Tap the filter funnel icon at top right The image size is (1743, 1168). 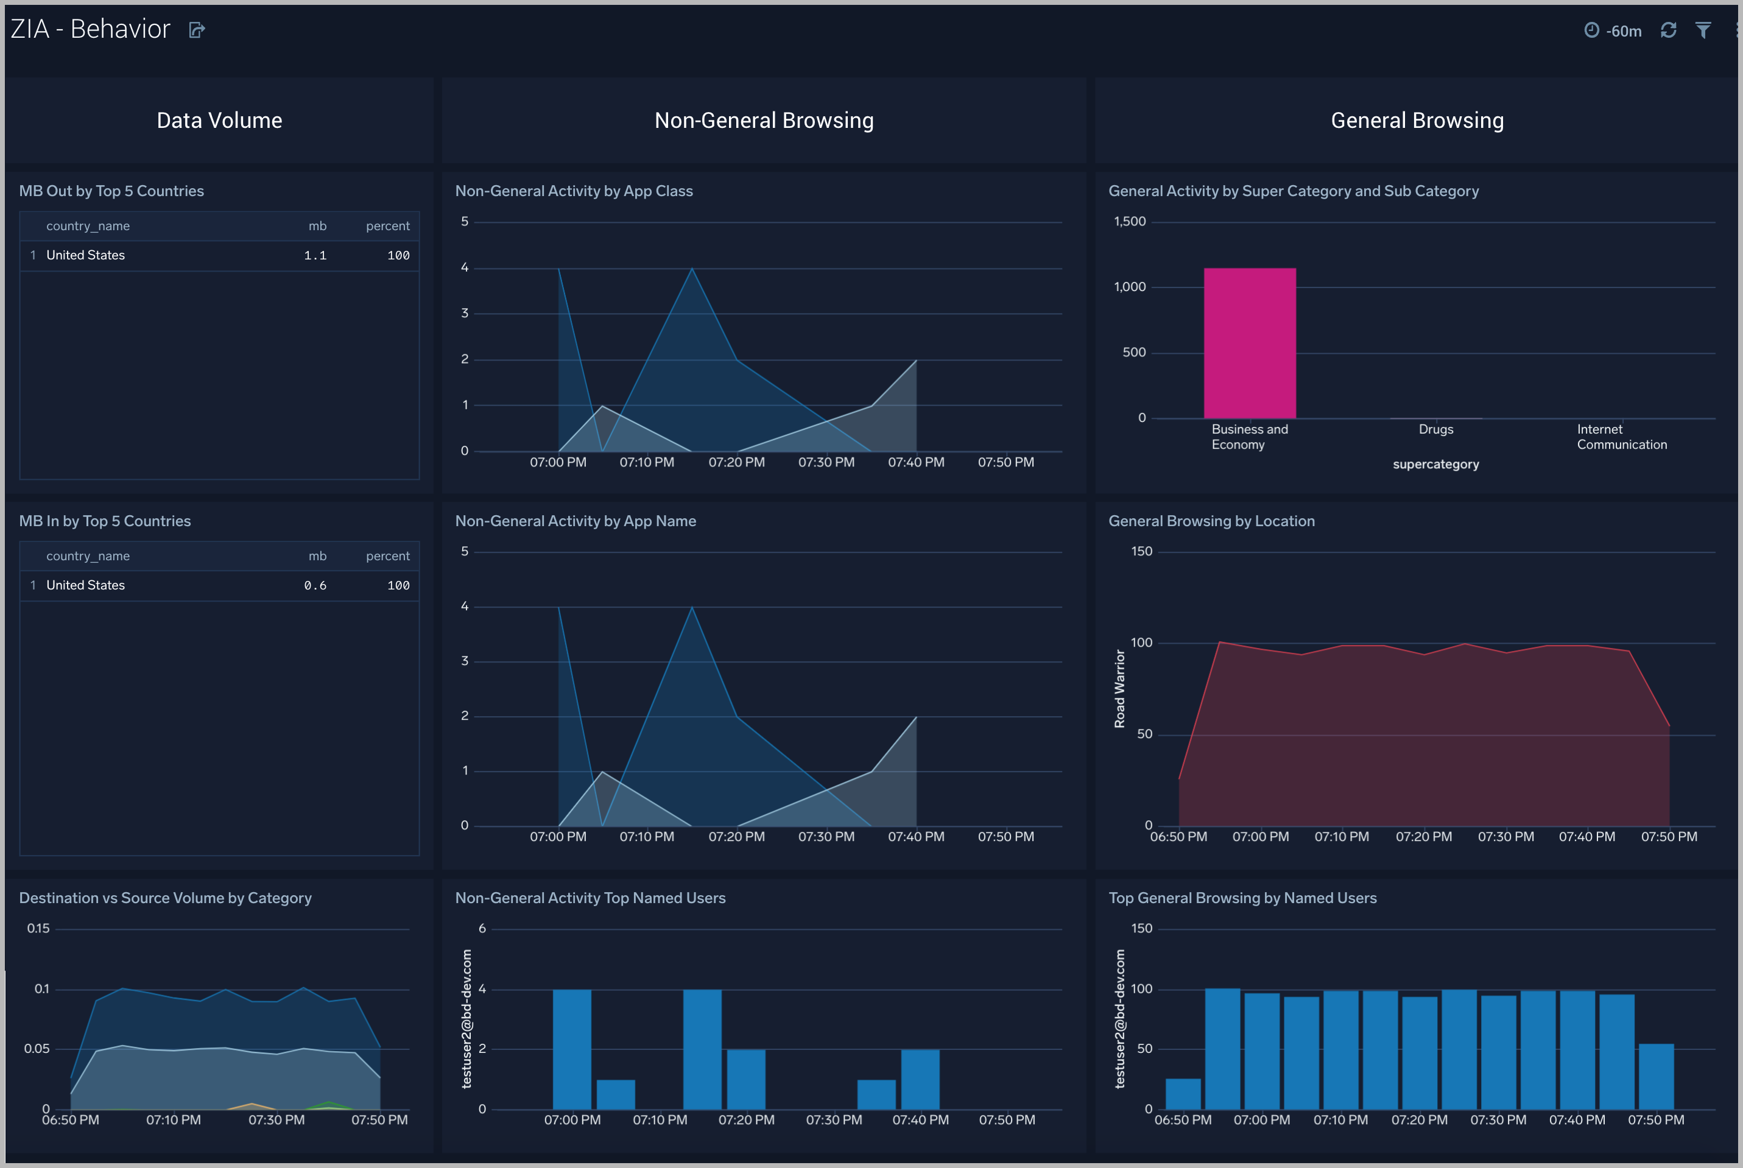1703,30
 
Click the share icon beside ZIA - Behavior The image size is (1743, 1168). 197,30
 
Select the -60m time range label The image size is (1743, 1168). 1623,31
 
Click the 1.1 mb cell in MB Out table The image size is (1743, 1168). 315,256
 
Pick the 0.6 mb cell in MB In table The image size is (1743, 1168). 315,585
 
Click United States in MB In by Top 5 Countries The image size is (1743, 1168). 86,585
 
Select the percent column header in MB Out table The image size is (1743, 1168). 387,226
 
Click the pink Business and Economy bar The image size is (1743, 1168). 1249,343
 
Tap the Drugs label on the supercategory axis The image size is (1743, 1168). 1435,430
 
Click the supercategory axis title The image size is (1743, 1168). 1435,465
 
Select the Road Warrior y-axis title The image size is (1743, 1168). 1119,688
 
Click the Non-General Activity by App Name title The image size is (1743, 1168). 575,521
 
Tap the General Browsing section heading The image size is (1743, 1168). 1417,121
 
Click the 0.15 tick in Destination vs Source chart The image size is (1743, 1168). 38,929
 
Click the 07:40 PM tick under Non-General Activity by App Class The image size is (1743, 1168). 915,463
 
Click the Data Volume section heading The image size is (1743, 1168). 219,121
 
